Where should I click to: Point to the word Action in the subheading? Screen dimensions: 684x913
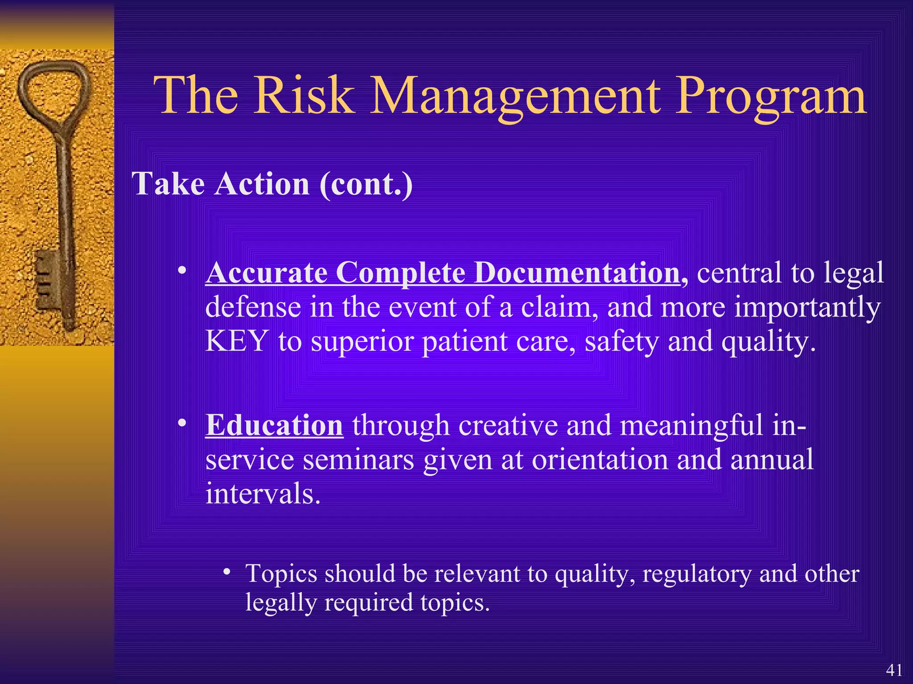coord(262,183)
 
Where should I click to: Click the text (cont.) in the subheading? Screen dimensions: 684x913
coord(366,184)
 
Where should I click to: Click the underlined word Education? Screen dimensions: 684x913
coord(274,425)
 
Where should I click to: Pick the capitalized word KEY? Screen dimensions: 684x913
coord(237,341)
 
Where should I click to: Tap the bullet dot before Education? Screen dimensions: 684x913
coord(181,423)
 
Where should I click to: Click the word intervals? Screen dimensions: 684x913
coord(263,494)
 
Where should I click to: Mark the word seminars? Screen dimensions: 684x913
coord(358,460)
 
